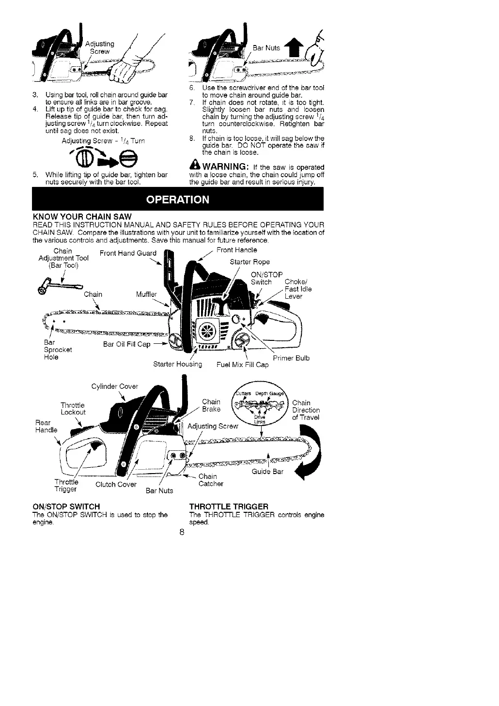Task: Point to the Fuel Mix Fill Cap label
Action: pyautogui.click(x=242, y=364)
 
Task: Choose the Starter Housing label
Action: pyautogui.click(x=177, y=364)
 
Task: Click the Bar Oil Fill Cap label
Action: pyautogui.click(x=127, y=345)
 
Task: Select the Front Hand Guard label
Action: pyautogui.click(x=128, y=253)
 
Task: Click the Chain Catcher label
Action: pyautogui.click(x=211, y=480)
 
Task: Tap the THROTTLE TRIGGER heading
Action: pyautogui.click(x=229, y=506)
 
